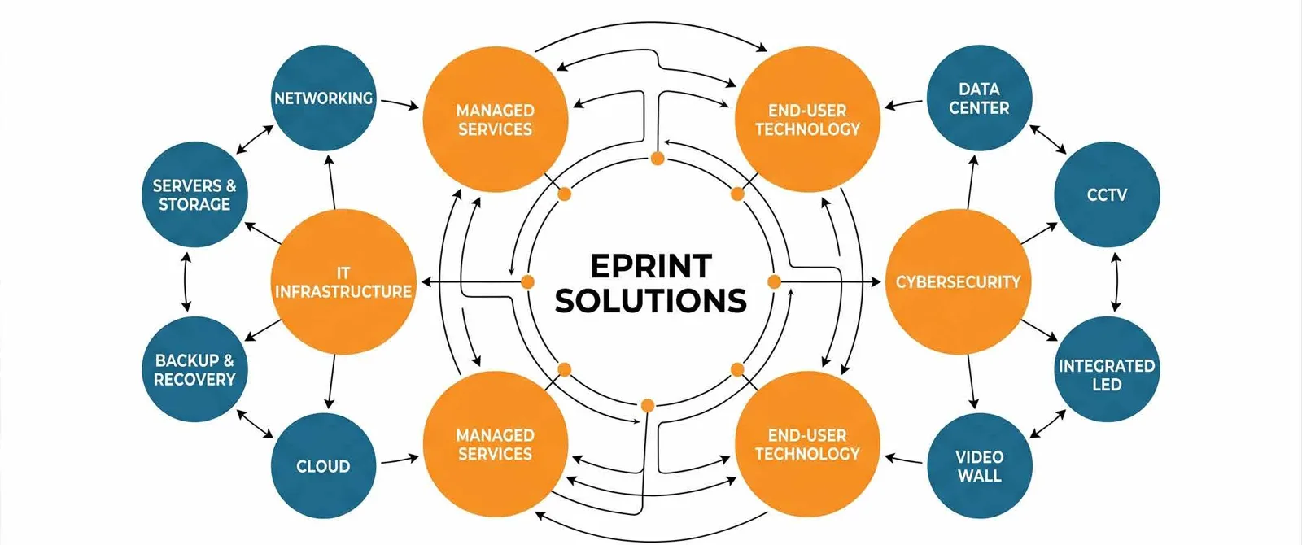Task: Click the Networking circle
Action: pyautogui.click(x=324, y=98)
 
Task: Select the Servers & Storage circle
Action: pyautogui.click(x=194, y=194)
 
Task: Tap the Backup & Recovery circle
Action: pyautogui.click(x=194, y=369)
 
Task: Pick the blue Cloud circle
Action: pyautogui.click(x=324, y=465)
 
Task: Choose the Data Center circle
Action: pyautogui.click(x=980, y=98)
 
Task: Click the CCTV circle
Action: pyautogui.click(x=1107, y=194)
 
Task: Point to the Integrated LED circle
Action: pyautogui.click(x=1107, y=369)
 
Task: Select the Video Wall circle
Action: pyautogui.click(x=980, y=465)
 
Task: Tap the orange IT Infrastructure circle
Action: pyautogui.click(x=343, y=281)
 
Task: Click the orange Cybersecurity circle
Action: pyautogui.click(x=958, y=281)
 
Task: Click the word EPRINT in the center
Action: pyautogui.click(x=651, y=266)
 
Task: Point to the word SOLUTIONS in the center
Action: pyautogui.click(x=651, y=300)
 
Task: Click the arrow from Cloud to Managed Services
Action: pyautogui.click(x=400, y=460)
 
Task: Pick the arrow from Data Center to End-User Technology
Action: pyautogui.click(x=903, y=104)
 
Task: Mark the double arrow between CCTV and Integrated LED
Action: pyautogui.click(x=1116, y=281)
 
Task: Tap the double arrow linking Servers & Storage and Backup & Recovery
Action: pyautogui.click(x=186, y=281)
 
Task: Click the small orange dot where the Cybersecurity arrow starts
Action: pyautogui.click(x=774, y=281)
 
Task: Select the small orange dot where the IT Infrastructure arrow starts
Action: pyautogui.click(x=528, y=281)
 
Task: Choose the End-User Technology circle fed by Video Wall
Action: pyautogui.click(x=808, y=444)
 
